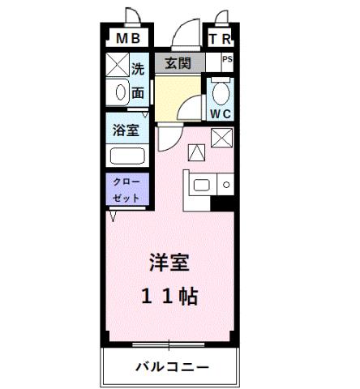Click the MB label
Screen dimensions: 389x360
(126, 39)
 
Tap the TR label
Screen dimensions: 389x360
(220, 39)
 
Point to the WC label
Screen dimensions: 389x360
(221, 114)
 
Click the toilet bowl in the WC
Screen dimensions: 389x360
(220, 91)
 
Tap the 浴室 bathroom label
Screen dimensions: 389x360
(125, 128)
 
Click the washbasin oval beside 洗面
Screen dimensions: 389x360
(121, 92)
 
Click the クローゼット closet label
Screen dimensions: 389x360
(126, 190)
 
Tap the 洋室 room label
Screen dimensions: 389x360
(170, 263)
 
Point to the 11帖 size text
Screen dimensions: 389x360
(170, 296)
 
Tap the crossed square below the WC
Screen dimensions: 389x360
(221, 137)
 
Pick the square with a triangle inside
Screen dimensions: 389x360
(196, 152)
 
